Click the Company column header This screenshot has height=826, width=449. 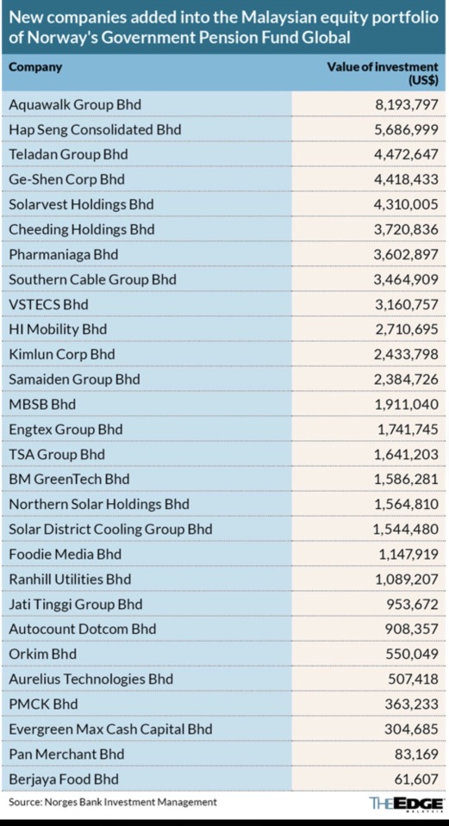35,67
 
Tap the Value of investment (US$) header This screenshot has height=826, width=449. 383,74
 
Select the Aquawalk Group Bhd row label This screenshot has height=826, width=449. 75,105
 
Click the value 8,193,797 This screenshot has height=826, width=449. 406,105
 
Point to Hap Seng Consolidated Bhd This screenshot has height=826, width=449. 95,129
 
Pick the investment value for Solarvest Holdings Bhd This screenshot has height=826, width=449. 406,204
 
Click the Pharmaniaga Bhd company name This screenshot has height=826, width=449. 63,254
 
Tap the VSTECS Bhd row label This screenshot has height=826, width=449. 48,305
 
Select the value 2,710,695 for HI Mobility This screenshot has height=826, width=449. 406,329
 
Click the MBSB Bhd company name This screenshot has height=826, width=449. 42,405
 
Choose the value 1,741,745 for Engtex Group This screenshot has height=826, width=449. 407,429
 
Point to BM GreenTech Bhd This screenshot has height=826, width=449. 69,480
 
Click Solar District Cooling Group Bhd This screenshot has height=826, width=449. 110,530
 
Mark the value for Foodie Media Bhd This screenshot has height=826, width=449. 407,554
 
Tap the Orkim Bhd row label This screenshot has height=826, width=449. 43,655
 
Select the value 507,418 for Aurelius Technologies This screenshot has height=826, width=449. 412,679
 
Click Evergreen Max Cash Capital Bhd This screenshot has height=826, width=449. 110,730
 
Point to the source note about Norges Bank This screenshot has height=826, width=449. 113,802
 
